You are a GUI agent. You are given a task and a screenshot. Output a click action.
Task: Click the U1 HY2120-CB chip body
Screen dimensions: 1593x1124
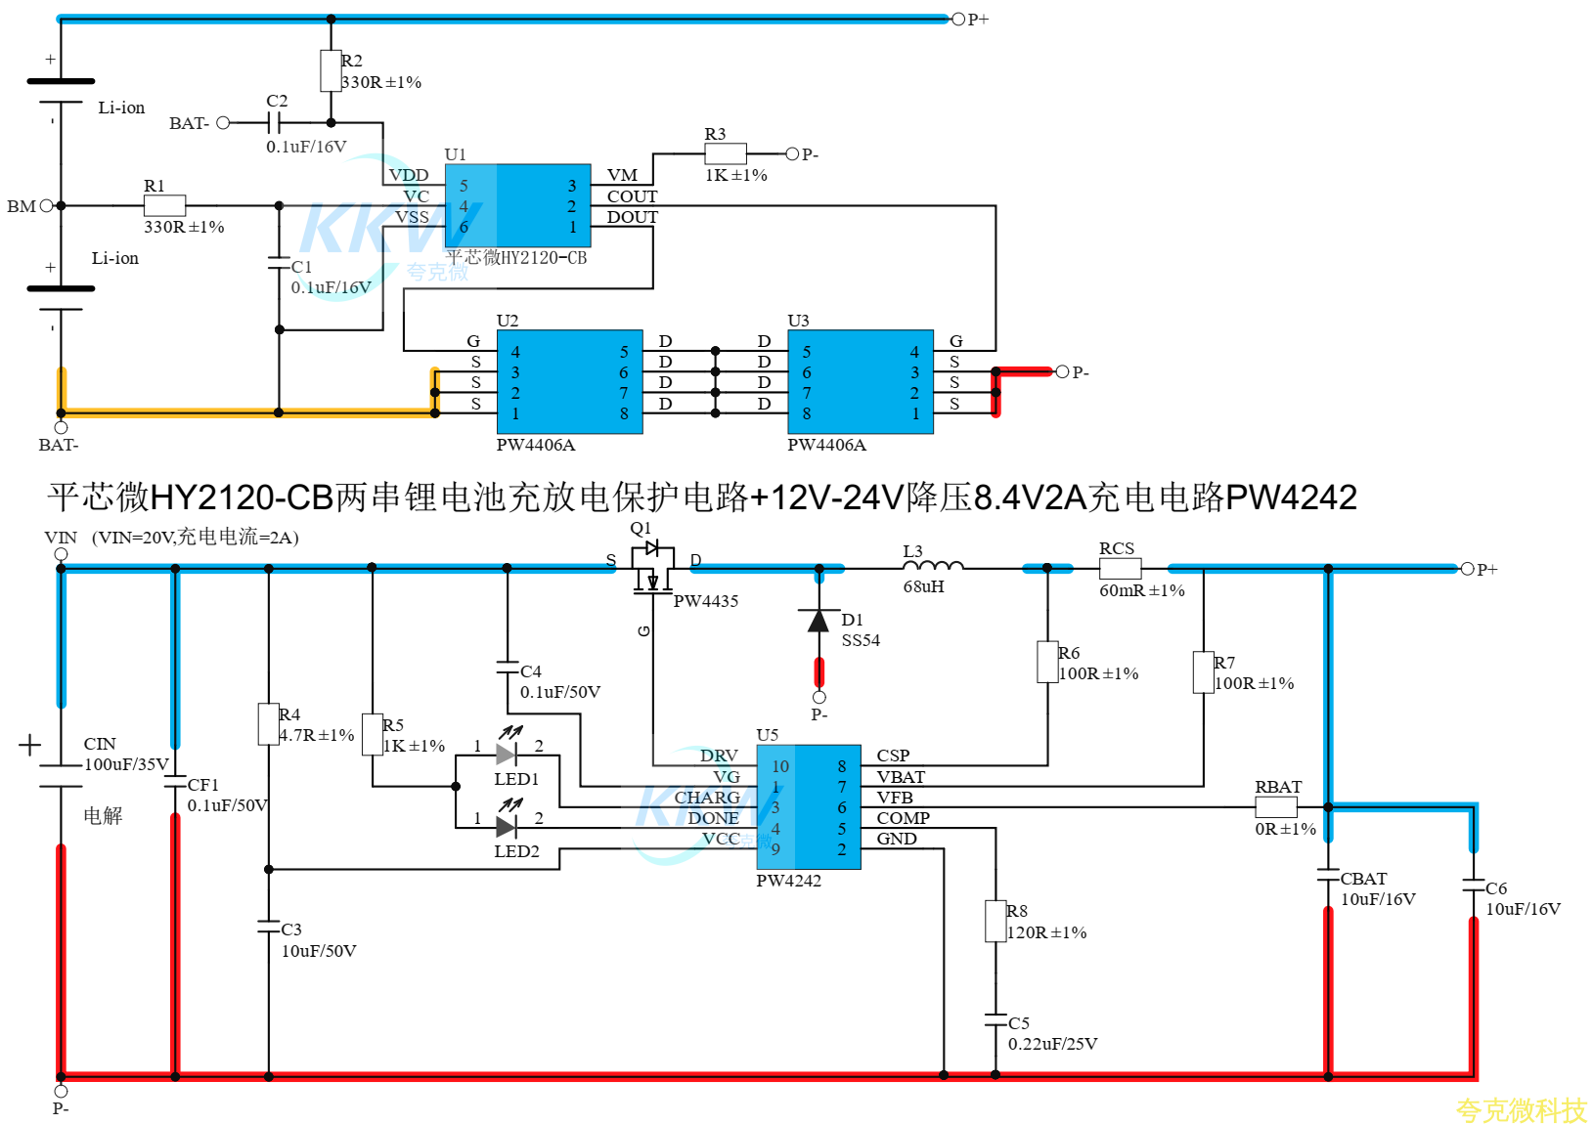coord(517,205)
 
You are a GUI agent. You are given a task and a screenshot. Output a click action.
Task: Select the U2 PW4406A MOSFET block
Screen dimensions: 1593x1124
coord(570,382)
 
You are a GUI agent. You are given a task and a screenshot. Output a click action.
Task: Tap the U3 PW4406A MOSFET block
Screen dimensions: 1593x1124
coord(861,382)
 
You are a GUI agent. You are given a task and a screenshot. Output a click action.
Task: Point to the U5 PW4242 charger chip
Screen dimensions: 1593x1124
coord(809,807)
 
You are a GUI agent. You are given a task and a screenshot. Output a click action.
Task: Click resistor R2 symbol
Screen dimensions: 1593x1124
coord(331,70)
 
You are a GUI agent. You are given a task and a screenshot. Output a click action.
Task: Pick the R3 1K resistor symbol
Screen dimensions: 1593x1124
coord(726,153)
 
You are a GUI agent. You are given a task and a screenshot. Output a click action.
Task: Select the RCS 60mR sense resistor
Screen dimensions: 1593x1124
coord(1120,568)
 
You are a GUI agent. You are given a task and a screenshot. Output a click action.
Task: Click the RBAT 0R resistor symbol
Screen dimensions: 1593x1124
coord(1276,807)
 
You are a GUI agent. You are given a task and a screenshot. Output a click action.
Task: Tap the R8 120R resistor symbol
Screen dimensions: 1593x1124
coord(995,921)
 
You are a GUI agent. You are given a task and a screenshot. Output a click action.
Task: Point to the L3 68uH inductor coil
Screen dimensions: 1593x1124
coord(933,565)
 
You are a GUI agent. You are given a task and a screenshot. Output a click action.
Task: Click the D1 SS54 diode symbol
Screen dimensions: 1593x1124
coord(819,621)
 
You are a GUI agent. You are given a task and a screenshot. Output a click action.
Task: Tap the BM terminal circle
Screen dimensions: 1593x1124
coord(47,205)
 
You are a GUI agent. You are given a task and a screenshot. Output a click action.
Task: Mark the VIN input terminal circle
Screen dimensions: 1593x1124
coord(62,554)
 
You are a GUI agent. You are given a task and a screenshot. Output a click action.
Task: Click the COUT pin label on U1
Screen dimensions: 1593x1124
coord(633,196)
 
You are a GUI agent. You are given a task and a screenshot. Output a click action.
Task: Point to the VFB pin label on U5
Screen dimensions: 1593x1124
coord(895,797)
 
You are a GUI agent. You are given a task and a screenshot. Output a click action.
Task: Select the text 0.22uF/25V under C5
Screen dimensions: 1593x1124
coord(1052,1044)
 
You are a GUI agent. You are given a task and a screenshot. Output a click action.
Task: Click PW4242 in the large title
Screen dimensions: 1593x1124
coord(1291,497)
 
